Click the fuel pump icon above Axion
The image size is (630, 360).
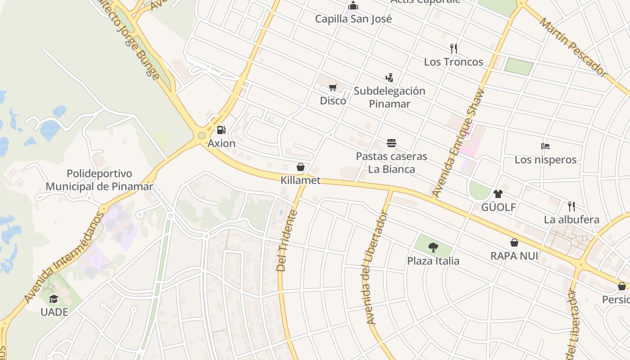tap(221, 130)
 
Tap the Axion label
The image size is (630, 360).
tap(221, 144)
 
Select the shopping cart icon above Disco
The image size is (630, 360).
tap(333, 87)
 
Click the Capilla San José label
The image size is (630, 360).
tap(353, 19)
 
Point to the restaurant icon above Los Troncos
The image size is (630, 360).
tap(454, 48)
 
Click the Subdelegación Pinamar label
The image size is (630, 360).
tap(389, 97)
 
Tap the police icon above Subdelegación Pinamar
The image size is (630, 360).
tap(389, 77)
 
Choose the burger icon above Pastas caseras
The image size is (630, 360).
tap(391, 143)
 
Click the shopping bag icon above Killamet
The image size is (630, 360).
tap(301, 167)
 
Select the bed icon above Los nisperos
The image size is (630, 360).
tap(545, 146)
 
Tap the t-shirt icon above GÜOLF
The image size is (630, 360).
tap(498, 194)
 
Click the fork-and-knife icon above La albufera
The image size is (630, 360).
tap(571, 207)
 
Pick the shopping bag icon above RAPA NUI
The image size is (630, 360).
tap(514, 243)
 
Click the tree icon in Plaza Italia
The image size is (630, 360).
tap(433, 247)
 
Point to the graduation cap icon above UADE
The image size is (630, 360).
tap(54, 299)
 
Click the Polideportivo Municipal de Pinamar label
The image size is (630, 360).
tap(99, 180)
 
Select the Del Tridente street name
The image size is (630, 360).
tap(287, 241)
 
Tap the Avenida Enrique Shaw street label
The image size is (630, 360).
tap(459, 143)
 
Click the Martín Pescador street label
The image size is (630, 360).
tap(573, 47)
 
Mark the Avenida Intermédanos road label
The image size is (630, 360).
tap(64, 257)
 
